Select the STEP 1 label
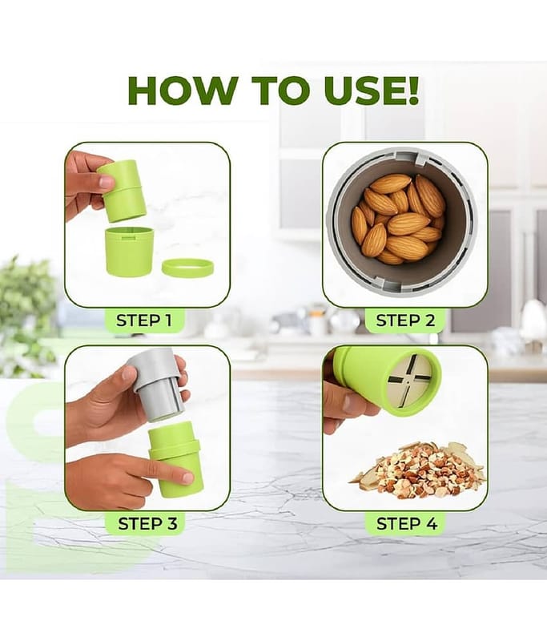click(x=144, y=320)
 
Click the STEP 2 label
click(x=406, y=320)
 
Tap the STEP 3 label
click(x=147, y=523)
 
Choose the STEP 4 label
click(x=407, y=523)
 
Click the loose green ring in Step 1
click(x=187, y=267)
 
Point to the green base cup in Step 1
click(x=129, y=251)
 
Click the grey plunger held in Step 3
click(x=156, y=385)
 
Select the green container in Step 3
click(x=175, y=458)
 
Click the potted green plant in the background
click(x=26, y=315)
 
